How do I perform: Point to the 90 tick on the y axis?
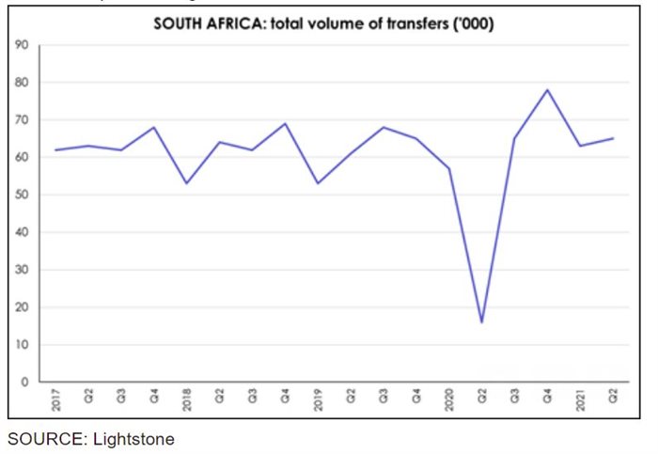pyautogui.click(x=21, y=45)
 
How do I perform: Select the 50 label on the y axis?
pyautogui.click(x=21, y=195)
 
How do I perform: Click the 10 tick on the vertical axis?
pyautogui.click(x=21, y=345)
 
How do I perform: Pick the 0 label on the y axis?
pyautogui.click(x=23, y=383)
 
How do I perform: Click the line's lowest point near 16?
pyautogui.click(x=481, y=322)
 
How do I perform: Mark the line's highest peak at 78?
pyautogui.click(x=547, y=90)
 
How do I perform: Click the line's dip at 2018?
pyautogui.click(x=187, y=183)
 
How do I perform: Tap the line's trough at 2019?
pyautogui.click(x=318, y=183)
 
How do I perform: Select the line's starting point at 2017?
pyautogui.click(x=56, y=150)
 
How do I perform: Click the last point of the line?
pyautogui.click(x=613, y=139)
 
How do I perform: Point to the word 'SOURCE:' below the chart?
pyautogui.click(x=40, y=439)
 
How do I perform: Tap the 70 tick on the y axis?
pyautogui.click(x=21, y=120)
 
